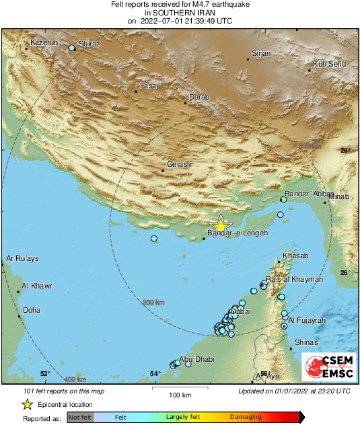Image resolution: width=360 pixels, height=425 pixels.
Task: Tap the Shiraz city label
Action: point(89,44)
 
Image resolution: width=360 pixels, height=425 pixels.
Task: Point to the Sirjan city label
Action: point(260,52)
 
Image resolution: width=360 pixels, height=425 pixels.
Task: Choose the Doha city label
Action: point(32,310)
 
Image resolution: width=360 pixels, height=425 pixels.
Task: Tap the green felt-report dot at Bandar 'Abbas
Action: point(284,200)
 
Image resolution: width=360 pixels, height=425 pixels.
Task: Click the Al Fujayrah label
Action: point(307,320)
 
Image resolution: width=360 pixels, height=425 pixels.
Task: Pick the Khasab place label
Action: point(295,256)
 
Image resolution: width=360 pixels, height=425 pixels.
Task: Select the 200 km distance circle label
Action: point(153,303)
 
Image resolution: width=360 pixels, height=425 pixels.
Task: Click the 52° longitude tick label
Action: point(45,374)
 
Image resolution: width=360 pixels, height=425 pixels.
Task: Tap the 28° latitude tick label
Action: point(345,151)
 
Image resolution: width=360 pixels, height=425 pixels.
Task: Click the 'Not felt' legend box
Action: point(79,418)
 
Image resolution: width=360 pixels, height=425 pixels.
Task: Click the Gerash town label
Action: point(179,164)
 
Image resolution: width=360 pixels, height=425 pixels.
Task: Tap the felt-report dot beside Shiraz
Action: point(72,48)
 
